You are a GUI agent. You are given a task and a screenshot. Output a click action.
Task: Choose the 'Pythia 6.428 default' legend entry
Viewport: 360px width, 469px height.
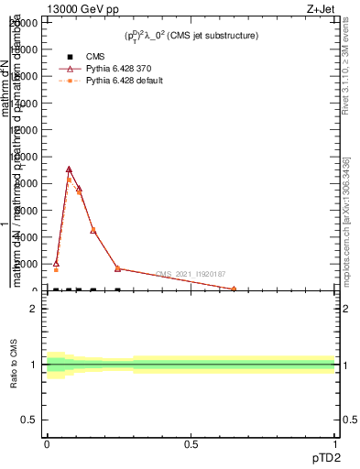[124, 82]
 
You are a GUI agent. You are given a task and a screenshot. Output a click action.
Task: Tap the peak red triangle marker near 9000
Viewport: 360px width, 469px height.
[69, 169]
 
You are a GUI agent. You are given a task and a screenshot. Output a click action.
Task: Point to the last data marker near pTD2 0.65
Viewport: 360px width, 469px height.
[234, 289]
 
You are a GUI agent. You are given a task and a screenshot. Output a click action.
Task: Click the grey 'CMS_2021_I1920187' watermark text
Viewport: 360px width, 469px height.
[190, 274]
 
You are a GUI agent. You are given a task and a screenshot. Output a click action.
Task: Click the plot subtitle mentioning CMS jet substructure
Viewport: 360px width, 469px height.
[191, 36]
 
